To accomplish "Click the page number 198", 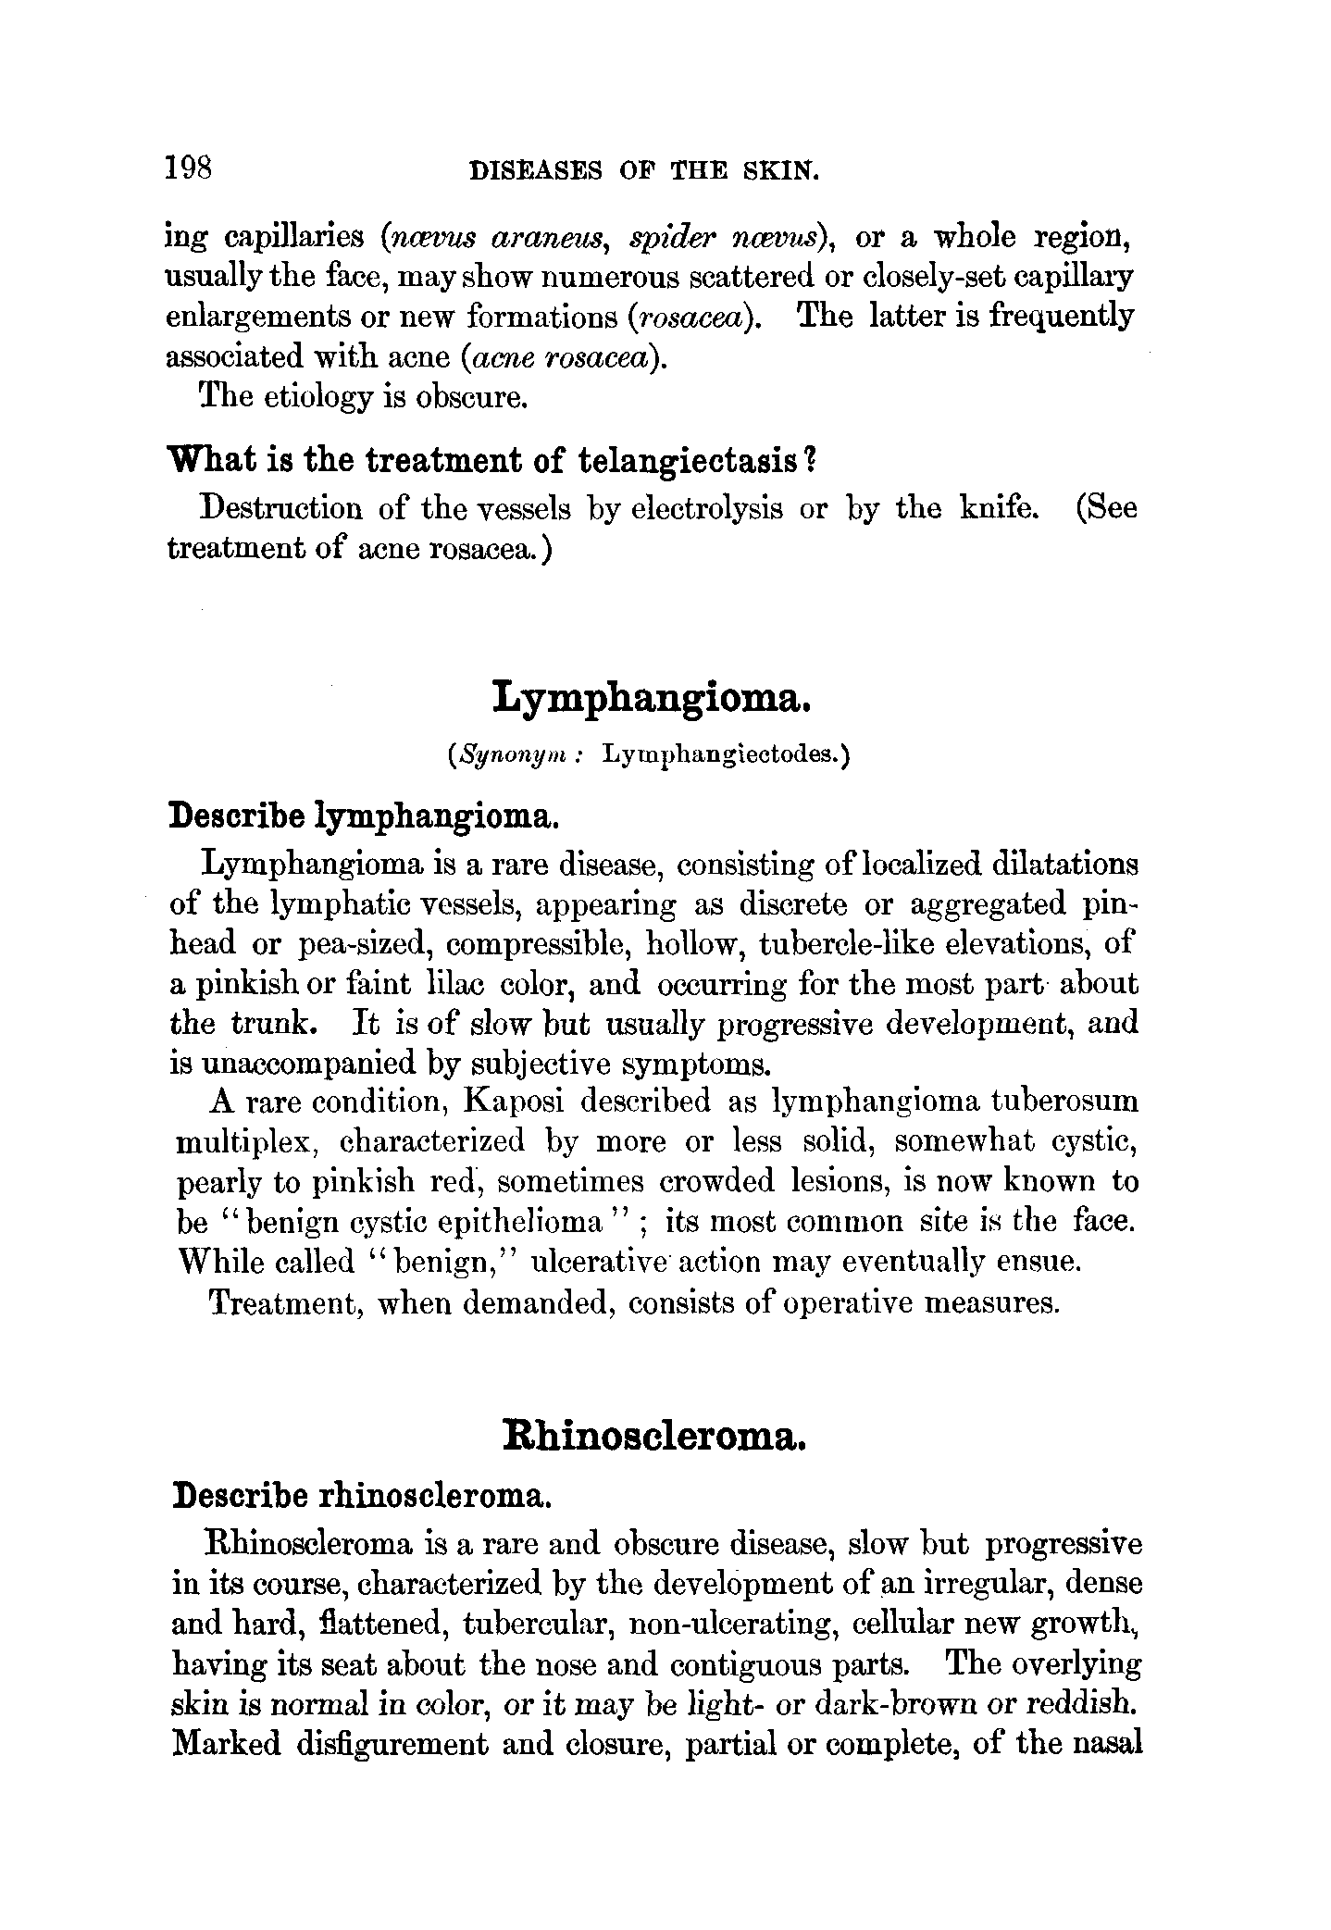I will point(189,168).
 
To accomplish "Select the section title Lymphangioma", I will point(653,696).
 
